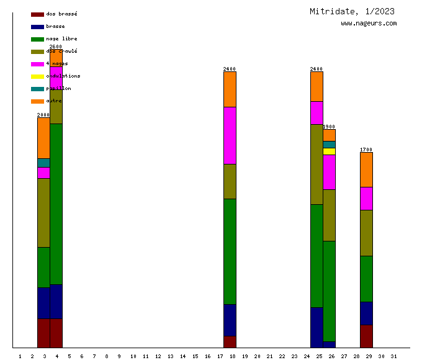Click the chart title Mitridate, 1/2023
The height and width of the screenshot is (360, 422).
352,11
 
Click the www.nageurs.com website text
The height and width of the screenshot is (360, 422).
369,24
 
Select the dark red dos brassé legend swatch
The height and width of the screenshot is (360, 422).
37,14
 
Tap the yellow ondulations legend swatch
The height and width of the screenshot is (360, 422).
37,76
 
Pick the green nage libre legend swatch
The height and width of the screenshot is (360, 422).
37,39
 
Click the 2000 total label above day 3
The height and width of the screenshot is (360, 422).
43,115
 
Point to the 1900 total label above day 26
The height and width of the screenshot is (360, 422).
329,127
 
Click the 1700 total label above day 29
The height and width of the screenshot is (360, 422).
366,150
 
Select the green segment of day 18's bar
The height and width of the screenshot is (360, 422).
230,251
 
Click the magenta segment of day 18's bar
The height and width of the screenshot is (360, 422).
230,135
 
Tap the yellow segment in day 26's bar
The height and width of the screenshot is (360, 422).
329,151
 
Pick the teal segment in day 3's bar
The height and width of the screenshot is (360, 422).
43,163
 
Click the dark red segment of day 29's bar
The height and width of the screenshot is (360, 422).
366,336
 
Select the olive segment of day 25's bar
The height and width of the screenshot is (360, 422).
316,164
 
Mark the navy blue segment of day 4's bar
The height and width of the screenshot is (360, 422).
56,301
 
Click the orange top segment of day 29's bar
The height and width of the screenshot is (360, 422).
366,169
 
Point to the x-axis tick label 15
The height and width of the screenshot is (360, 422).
195,356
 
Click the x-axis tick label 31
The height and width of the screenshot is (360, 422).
393,356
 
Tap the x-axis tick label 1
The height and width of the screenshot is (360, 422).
20,356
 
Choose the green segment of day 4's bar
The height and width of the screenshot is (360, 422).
56,204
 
